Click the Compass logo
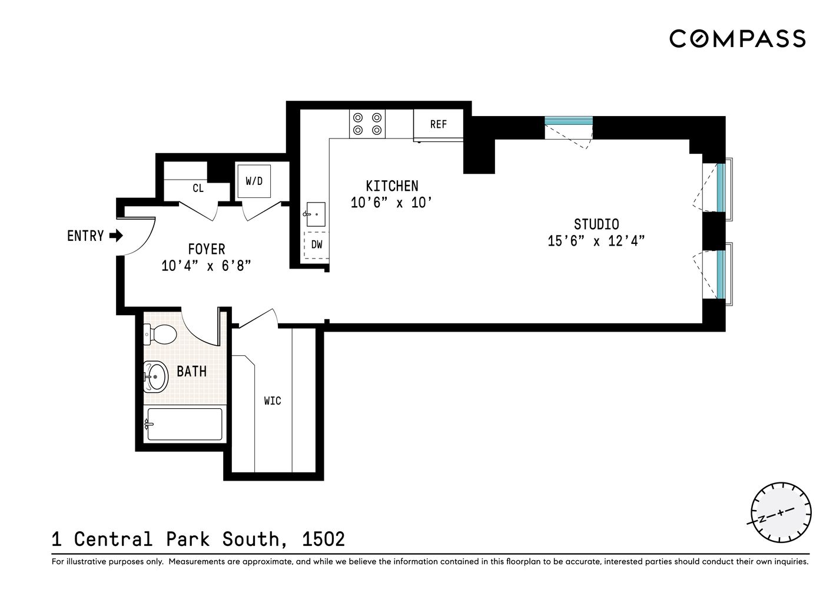737,39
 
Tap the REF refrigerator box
438,124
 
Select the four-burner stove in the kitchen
367,124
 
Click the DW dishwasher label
317,244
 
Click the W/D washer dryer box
254,181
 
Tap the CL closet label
198,188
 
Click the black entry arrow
116,236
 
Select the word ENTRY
85,236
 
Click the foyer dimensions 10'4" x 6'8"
206,266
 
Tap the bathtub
184,424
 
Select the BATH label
191,372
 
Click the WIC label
272,401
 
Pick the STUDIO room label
596,224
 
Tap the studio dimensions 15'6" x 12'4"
596,241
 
